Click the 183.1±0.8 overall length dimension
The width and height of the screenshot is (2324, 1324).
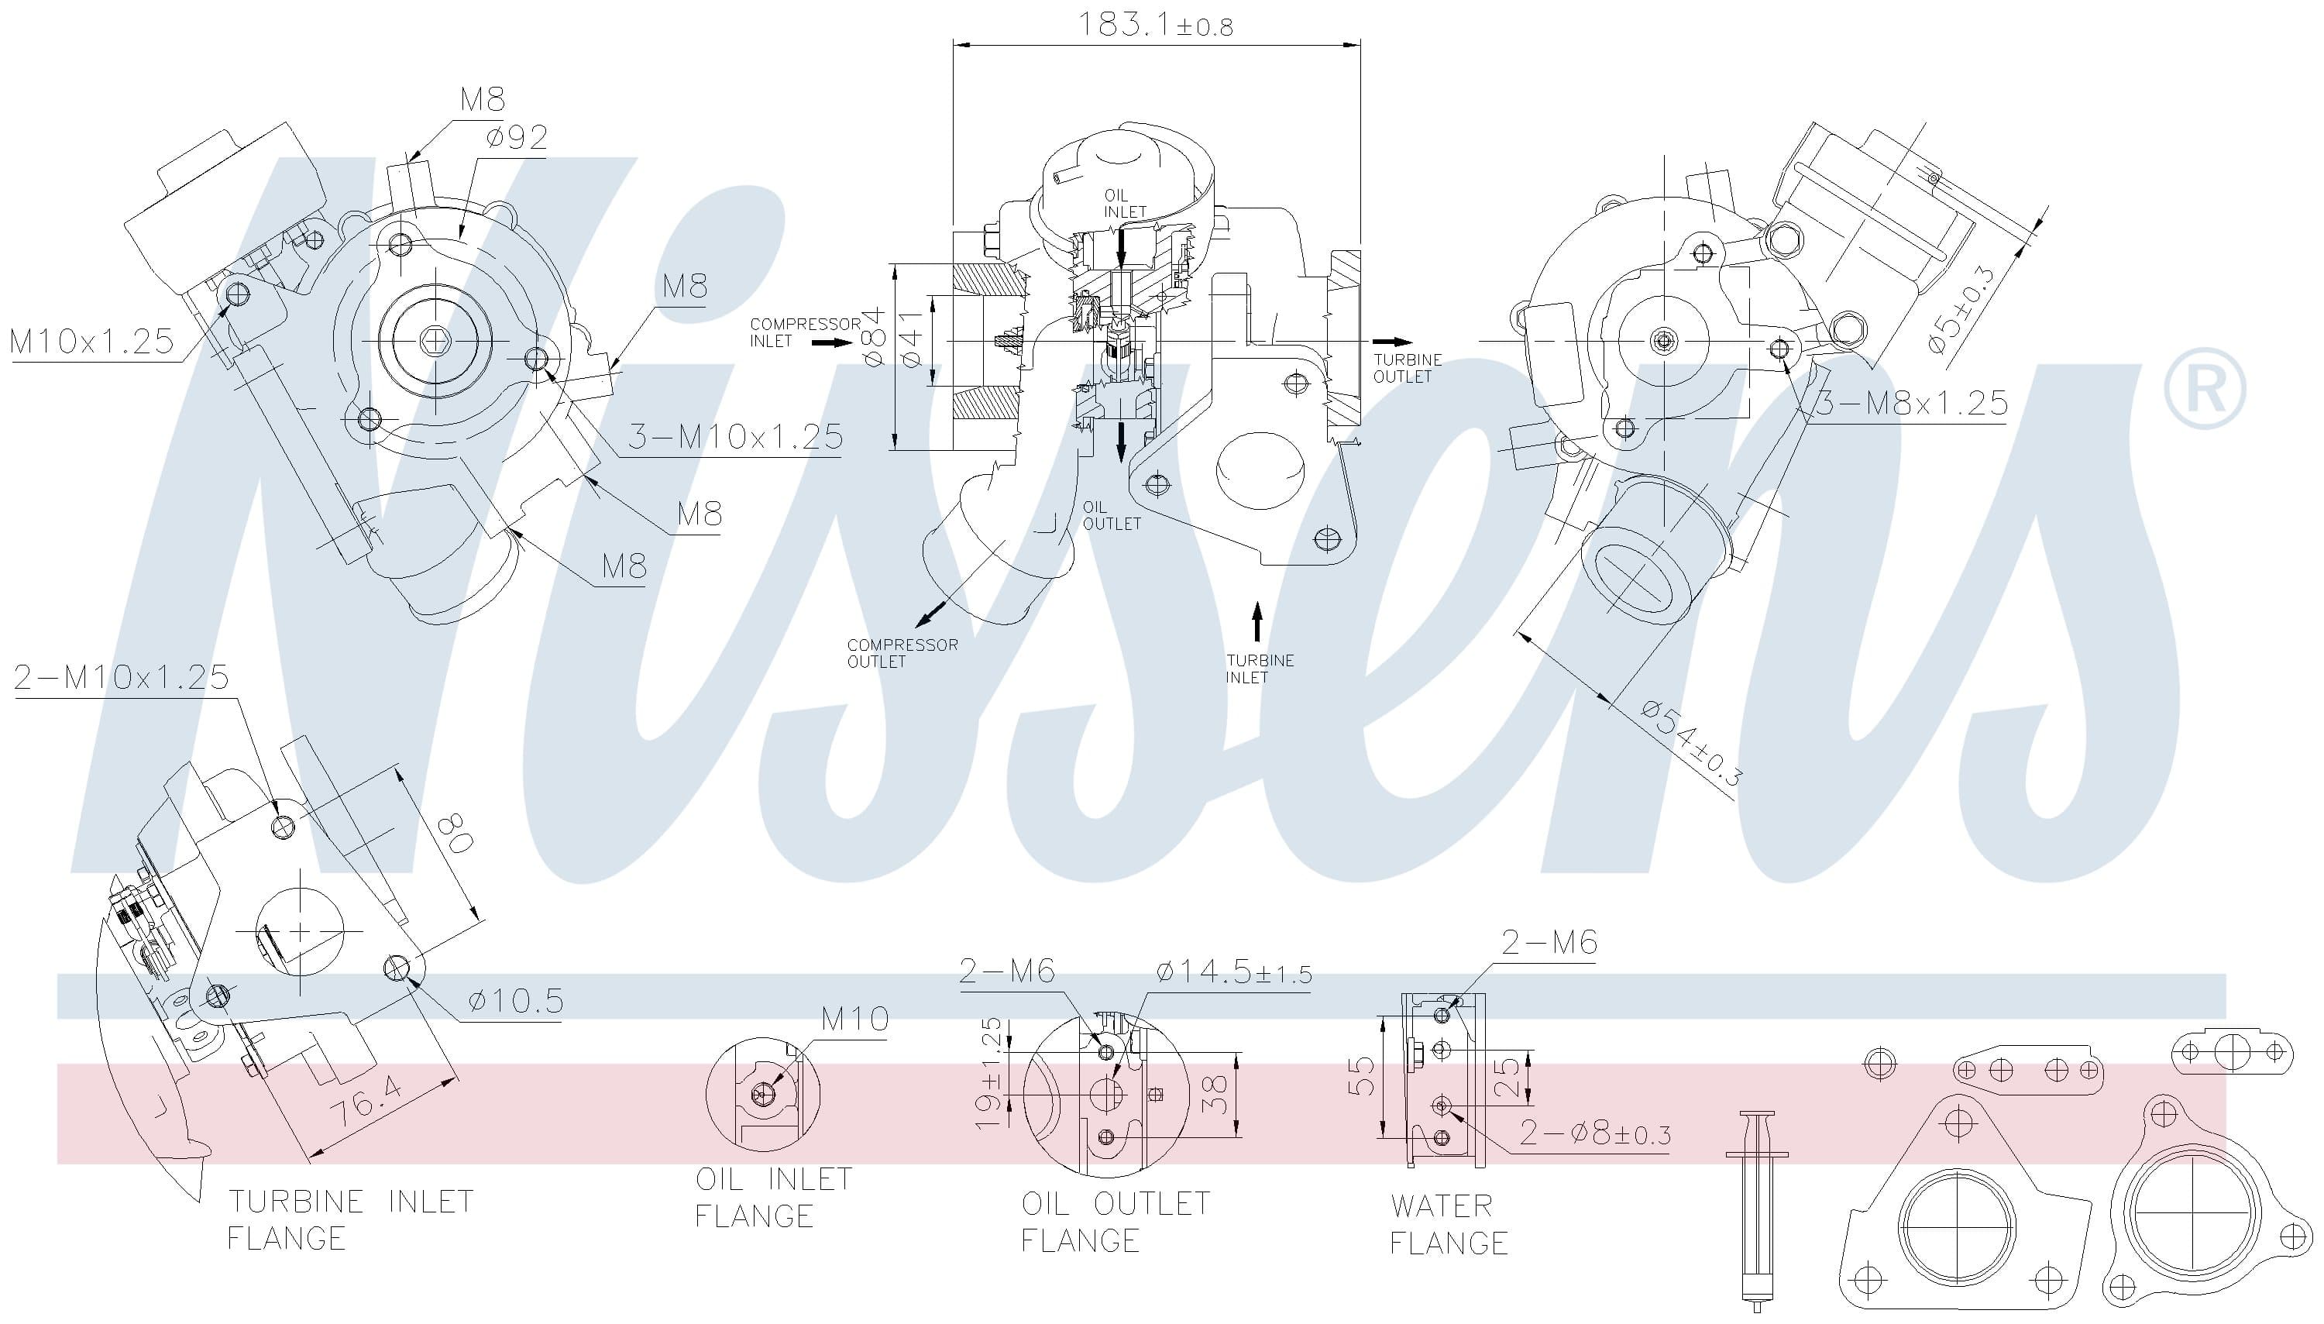[1155, 25]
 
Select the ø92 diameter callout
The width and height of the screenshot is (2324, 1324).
[517, 137]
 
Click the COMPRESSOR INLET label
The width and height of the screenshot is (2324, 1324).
[804, 332]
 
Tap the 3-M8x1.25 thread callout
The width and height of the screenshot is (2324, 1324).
[1911, 403]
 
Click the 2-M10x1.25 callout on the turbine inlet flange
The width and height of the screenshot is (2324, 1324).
[121, 677]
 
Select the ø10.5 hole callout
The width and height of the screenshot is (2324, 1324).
[515, 1001]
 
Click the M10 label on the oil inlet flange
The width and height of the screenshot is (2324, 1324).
[854, 1019]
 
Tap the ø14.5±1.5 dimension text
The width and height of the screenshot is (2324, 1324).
[1233, 972]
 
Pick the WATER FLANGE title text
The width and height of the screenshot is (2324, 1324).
[1448, 1224]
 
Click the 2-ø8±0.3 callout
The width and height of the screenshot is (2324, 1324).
[1595, 1133]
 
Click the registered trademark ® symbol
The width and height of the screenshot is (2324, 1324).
[2204, 389]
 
